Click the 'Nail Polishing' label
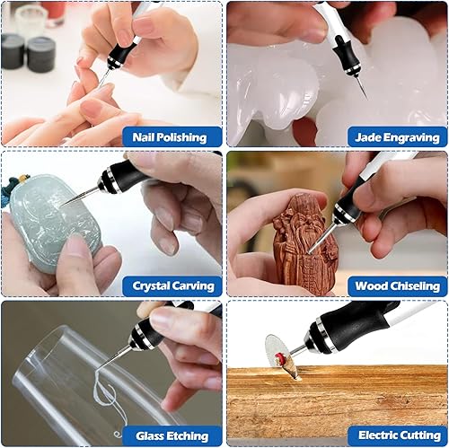coord(170,137)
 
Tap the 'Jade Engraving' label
coord(397,137)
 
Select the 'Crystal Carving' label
coord(173,286)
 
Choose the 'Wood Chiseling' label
coord(398,286)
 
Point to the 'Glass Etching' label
coord(172,435)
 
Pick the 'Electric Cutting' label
coord(400,435)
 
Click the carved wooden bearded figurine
coord(304,244)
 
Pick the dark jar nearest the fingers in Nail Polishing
coord(41,55)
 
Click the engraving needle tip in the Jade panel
coord(366,98)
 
